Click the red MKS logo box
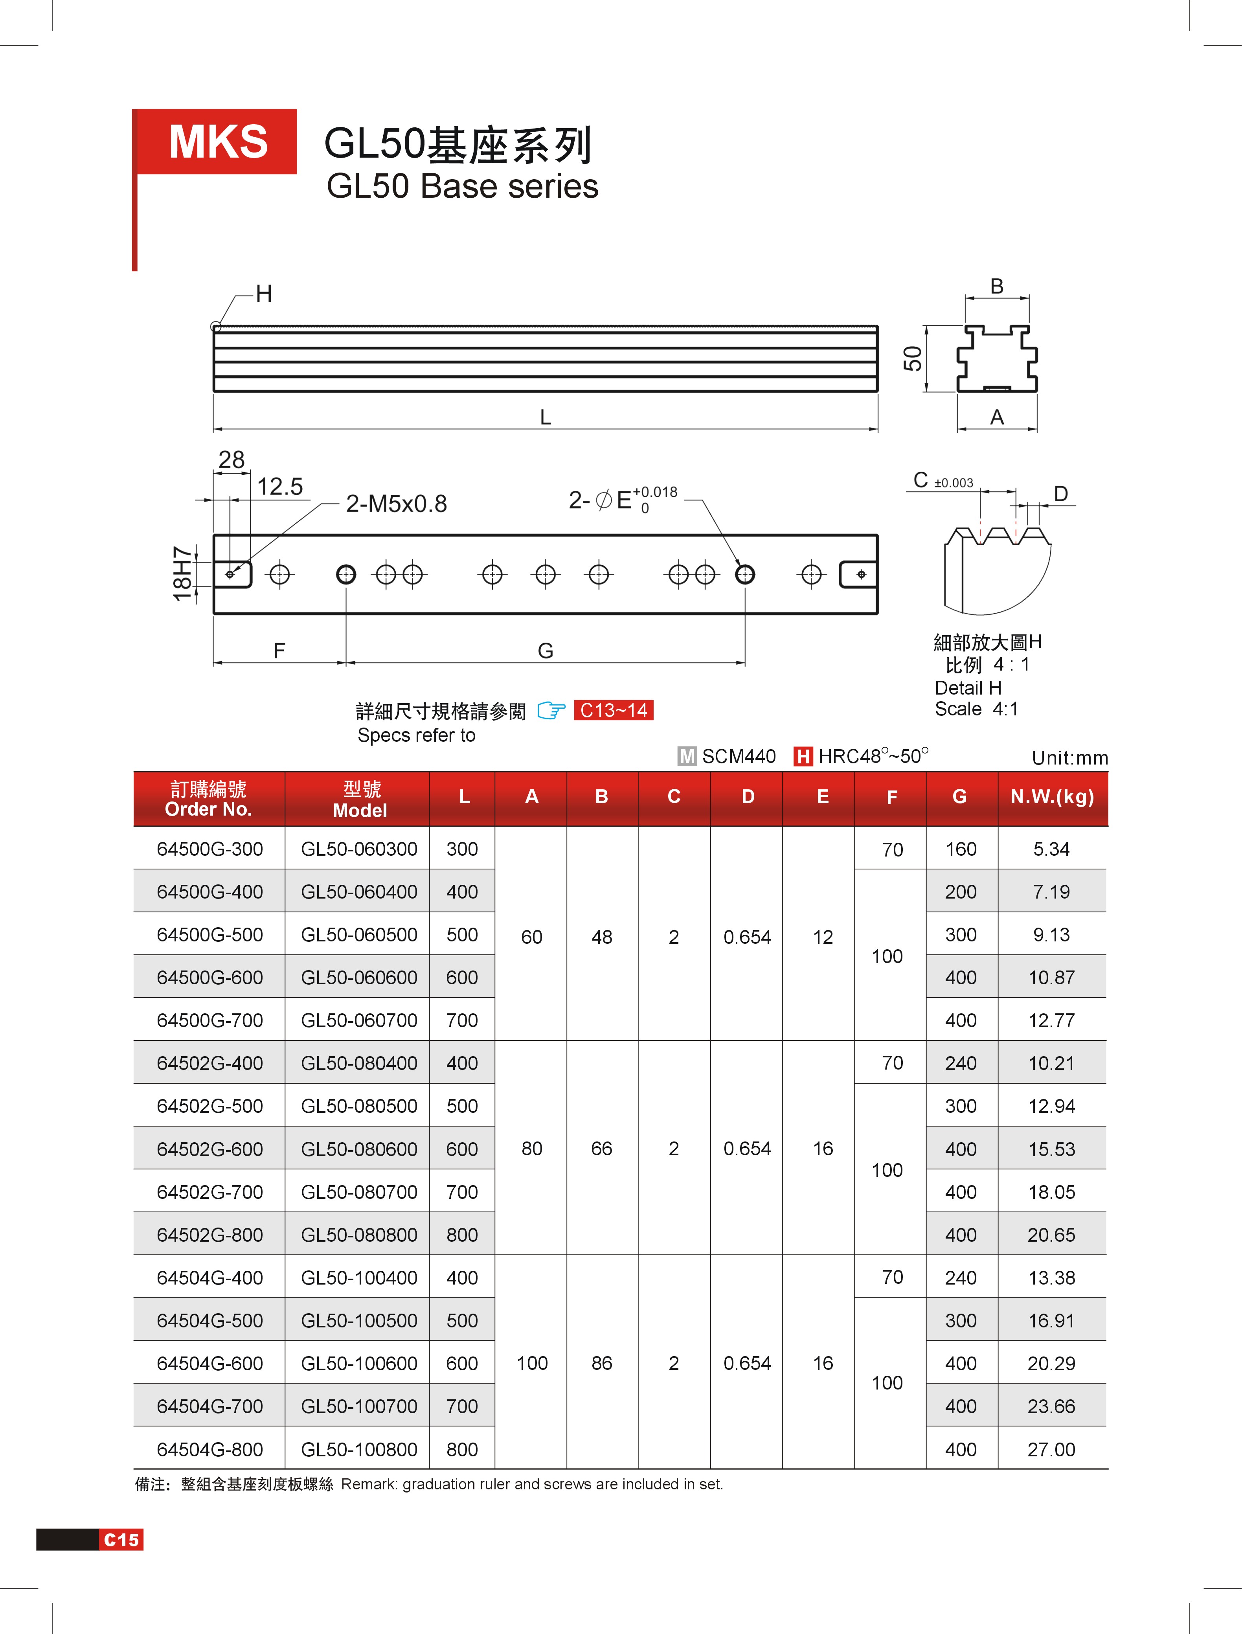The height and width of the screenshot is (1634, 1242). (217, 142)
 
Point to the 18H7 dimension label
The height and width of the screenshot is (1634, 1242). (182, 574)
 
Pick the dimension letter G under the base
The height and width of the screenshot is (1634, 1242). (546, 651)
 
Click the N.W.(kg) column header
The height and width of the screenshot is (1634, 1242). (1052, 797)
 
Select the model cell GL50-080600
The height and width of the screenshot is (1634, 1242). (359, 1149)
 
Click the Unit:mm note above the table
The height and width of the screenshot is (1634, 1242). (1070, 758)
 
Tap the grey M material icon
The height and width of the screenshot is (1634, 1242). (687, 756)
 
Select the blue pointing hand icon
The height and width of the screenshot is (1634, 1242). (551, 711)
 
